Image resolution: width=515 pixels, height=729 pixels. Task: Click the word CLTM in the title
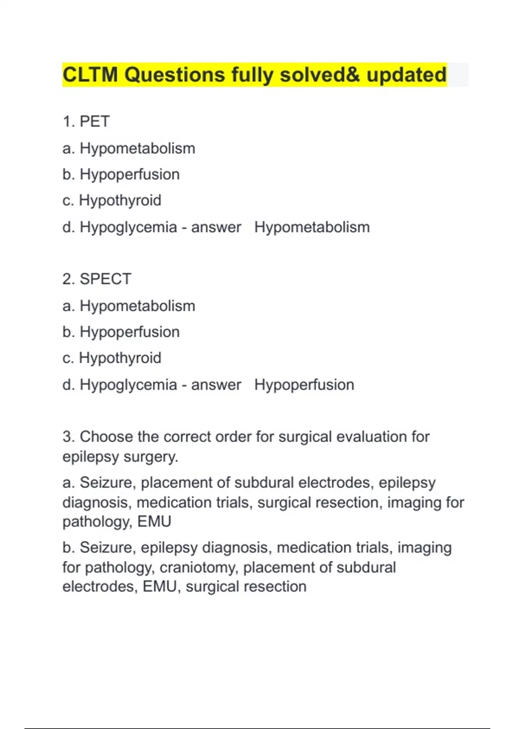tap(90, 75)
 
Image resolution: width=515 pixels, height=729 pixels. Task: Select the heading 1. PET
tap(86, 121)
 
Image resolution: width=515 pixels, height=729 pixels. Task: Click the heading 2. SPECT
tap(97, 279)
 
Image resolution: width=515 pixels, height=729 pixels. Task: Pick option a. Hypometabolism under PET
tap(129, 148)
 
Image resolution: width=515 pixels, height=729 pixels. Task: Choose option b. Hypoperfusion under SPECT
tap(121, 332)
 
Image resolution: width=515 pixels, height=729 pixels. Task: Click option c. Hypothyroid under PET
tap(112, 200)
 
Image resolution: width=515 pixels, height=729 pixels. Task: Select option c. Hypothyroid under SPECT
tap(112, 358)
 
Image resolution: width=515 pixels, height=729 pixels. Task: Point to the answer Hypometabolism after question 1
tap(312, 227)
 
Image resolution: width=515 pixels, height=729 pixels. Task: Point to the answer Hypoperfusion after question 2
tap(304, 385)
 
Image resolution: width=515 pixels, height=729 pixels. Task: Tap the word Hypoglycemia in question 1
tap(128, 227)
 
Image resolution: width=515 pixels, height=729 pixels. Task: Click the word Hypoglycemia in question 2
tap(128, 385)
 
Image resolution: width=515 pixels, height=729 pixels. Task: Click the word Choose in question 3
tap(106, 437)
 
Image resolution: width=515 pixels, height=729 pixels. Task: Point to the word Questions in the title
tap(175, 75)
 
